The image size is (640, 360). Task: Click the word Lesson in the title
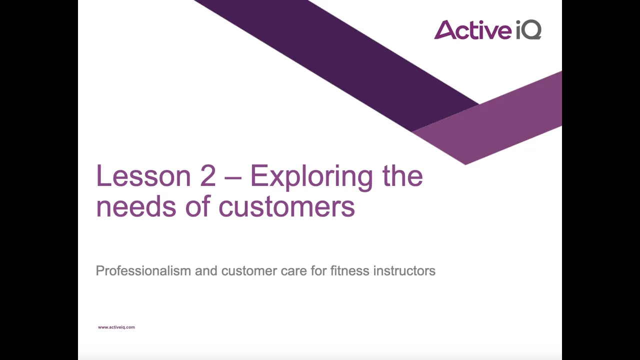tap(143, 175)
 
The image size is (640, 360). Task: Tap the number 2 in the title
tap(208, 175)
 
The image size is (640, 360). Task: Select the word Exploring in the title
tap(311, 177)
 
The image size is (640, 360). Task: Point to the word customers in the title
tap(287, 206)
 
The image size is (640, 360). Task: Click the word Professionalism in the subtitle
tap(143, 270)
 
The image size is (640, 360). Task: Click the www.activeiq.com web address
tap(116, 327)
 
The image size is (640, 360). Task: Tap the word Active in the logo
tap(473, 29)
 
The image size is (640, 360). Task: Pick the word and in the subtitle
tap(206, 270)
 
